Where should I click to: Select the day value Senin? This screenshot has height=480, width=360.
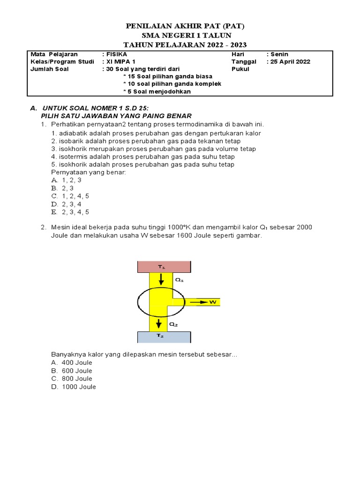point(279,54)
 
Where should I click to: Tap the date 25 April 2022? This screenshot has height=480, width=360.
point(291,61)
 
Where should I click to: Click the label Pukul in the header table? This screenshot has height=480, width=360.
point(240,69)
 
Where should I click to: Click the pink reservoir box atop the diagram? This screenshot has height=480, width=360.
point(164,267)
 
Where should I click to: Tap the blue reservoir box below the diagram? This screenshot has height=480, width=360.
point(164,337)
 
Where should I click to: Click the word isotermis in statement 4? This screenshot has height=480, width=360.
point(74,157)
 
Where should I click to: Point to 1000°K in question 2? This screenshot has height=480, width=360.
point(192,227)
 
